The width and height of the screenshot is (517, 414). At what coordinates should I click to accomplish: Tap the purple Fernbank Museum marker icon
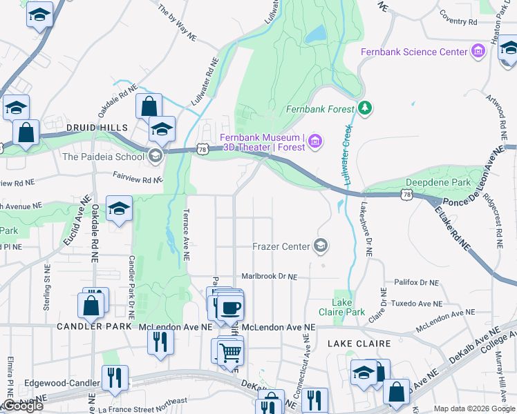(x=315, y=142)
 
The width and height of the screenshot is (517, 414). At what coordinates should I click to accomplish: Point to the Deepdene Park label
(x=438, y=183)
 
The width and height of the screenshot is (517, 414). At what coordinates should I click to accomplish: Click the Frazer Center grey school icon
(x=321, y=245)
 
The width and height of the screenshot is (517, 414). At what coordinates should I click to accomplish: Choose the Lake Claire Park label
(x=348, y=307)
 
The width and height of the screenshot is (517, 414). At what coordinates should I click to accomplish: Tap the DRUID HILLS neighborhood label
(x=97, y=128)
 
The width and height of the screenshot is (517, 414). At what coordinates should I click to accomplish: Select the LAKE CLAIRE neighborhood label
(x=359, y=343)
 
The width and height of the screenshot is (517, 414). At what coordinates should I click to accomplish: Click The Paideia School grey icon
(x=156, y=156)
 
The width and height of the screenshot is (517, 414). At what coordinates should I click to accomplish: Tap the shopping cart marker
(x=230, y=352)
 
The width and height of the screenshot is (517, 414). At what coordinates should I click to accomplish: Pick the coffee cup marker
(x=230, y=306)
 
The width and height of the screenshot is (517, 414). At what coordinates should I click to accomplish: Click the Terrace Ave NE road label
(x=185, y=235)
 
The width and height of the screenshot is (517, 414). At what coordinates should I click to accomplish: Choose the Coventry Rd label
(x=458, y=22)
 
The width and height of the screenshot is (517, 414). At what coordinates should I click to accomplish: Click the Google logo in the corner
(x=22, y=406)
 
